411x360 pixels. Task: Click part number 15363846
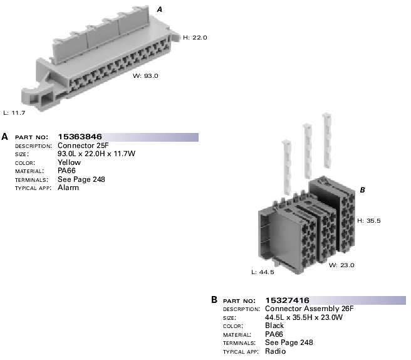point(80,137)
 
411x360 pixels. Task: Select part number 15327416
point(288,300)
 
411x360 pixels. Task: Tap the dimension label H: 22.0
point(195,38)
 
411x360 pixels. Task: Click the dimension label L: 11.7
point(14,113)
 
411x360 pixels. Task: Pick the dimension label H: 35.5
point(369,221)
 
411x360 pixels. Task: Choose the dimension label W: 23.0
point(342,265)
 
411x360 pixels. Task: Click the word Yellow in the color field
point(69,162)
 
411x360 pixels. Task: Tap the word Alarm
point(68,188)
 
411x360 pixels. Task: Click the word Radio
point(276,351)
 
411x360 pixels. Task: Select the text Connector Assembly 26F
point(310,309)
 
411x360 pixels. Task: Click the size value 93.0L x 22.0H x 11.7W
point(96,154)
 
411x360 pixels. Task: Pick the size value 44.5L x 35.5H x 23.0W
point(304,317)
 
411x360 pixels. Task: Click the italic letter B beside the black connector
point(362,190)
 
